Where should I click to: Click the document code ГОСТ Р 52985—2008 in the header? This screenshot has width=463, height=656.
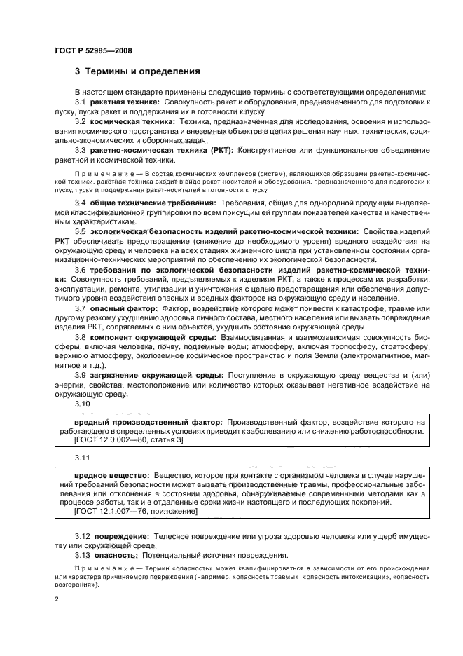pos(92,51)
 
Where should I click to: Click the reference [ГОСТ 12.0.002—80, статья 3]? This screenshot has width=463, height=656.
pos(128,440)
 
